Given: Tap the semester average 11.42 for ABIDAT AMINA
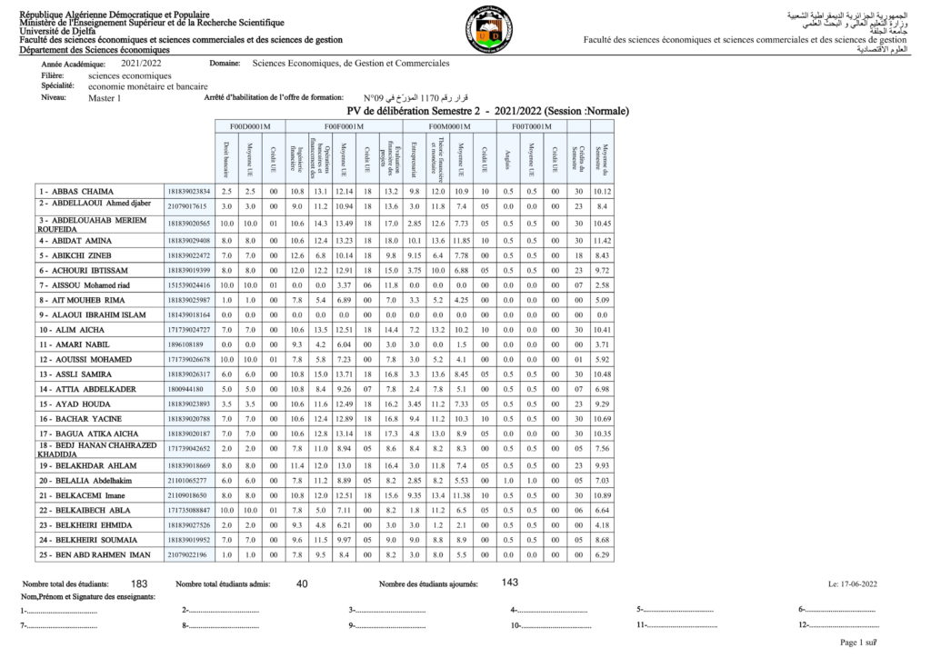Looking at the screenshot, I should click(602, 239).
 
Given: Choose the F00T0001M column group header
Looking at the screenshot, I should click(531, 126).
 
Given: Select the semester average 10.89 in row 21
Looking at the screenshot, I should click(602, 494).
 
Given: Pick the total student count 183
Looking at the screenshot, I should click(139, 583).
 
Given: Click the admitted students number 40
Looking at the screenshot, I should click(302, 583).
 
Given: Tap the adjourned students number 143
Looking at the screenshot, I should click(510, 583).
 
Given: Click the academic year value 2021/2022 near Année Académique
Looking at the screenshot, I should click(140, 64).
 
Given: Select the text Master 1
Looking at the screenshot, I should click(105, 98).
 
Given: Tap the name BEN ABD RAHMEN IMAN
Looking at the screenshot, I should click(93, 554).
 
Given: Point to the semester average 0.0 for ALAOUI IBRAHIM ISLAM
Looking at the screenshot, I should click(602, 314).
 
